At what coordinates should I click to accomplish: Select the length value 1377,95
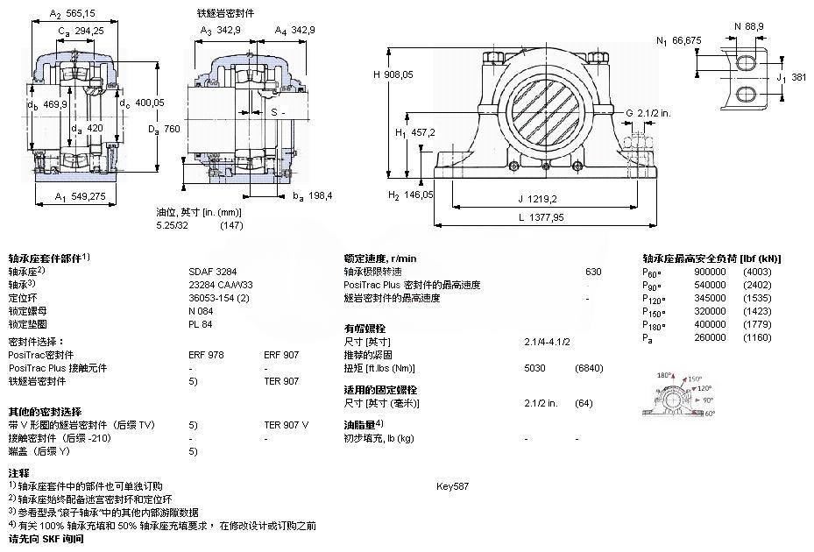[x=546, y=217]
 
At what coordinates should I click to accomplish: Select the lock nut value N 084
[x=202, y=311]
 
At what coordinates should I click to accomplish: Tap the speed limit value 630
[x=593, y=272]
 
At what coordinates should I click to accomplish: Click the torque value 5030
[x=534, y=368]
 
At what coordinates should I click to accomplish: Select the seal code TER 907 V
[x=287, y=425]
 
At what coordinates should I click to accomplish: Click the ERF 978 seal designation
[x=206, y=355]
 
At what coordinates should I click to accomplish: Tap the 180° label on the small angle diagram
[x=664, y=374]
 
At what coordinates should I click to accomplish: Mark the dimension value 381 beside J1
[x=797, y=77]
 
